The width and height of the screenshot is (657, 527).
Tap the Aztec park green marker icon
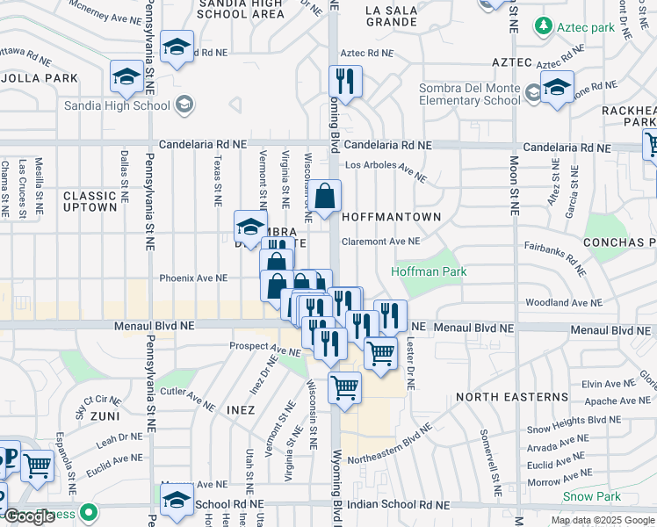(x=545, y=27)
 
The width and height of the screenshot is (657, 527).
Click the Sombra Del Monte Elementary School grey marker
(x=532, y=93)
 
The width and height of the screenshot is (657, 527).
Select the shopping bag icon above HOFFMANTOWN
(x=324, y=198)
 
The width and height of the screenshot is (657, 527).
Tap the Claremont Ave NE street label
(x=380, y=241)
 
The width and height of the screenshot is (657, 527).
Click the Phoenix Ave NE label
(x=193, y=278)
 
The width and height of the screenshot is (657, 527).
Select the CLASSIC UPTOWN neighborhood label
(x=90, y=201)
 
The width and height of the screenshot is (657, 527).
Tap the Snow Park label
(x=591, y=496)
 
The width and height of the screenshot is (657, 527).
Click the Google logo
(x=29, y=516)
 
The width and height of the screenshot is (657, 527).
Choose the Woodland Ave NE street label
(x=562, y=302)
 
